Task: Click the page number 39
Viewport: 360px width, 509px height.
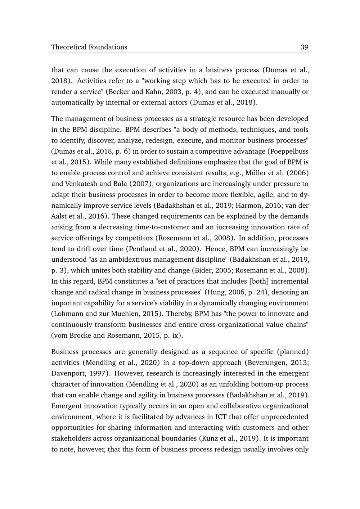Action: [304, 47]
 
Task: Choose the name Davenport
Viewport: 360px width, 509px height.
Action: [68, 373]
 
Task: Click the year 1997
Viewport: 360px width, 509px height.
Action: [95, 373]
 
